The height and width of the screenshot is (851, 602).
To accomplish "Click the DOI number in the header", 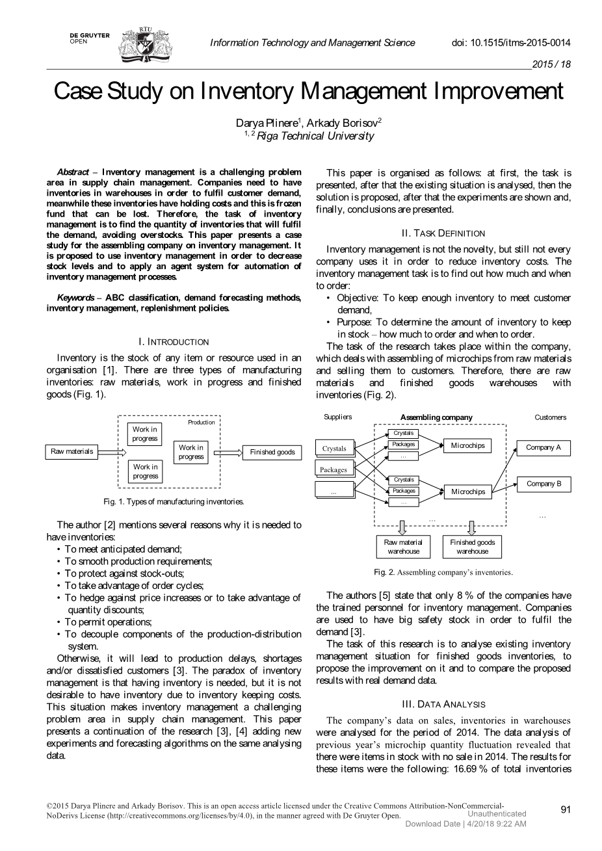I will click(510, 43).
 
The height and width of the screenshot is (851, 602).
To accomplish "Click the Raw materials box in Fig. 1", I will click(72, 451).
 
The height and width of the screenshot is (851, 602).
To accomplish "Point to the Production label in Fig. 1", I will click(202, 423).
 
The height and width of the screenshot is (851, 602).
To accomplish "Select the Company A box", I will click(543, 447).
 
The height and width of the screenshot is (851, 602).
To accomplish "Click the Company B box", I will click(543, 484).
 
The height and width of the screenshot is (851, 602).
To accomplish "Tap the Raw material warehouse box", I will click(403, 547).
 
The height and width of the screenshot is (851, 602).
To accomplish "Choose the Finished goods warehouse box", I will click(472, 547).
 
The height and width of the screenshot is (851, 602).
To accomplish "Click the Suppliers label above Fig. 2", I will click(337, 417).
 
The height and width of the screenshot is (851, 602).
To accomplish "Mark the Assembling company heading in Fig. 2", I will click(436, 417).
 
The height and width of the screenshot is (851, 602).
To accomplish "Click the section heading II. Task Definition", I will click(443, 233).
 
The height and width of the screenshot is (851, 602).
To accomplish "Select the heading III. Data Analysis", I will click(443, 704).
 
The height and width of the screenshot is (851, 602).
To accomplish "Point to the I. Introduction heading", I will click(174, 341).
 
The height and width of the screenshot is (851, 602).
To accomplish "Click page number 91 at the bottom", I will click(565, 809).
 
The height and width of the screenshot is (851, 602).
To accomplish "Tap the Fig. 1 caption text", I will click(174, 502).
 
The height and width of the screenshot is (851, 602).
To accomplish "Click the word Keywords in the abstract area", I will click(75, 297).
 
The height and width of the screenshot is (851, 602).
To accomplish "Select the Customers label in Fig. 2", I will click(550, 417).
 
